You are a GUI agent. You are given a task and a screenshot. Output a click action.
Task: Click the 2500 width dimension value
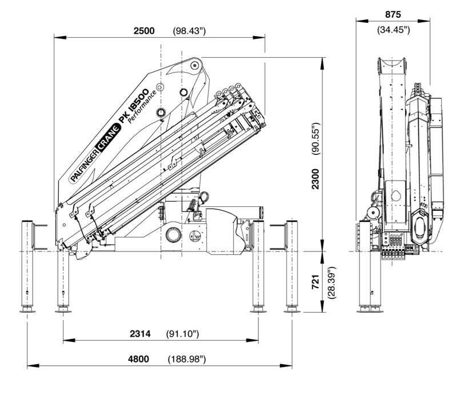point(144,31)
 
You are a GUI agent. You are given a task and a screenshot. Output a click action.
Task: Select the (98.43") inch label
point(189,31)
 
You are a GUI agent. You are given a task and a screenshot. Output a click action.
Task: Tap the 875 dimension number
point(394,14)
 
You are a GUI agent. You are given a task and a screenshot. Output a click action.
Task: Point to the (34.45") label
point(394,30)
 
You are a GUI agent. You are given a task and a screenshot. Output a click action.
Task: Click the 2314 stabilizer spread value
point(139,333)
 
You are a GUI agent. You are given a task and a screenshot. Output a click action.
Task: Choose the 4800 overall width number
point(138,359)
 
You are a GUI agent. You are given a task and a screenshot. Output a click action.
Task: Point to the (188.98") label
point(187,359)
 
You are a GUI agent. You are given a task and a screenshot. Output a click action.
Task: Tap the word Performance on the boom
point(142,107)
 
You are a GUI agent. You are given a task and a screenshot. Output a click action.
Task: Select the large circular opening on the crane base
point(172,235)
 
